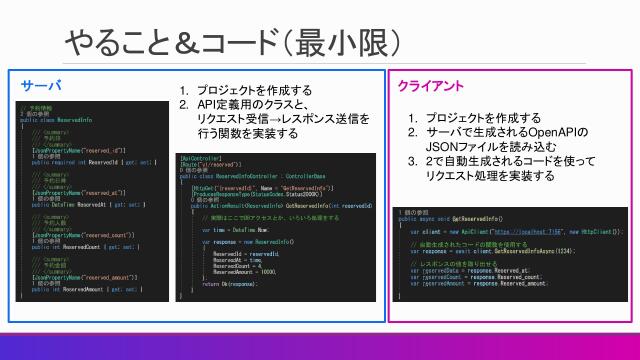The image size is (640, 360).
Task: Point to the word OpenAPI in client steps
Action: pyautogui.click(x=552, y=132)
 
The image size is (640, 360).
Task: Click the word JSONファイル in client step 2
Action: pyautogui.click(x=465, y=146)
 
